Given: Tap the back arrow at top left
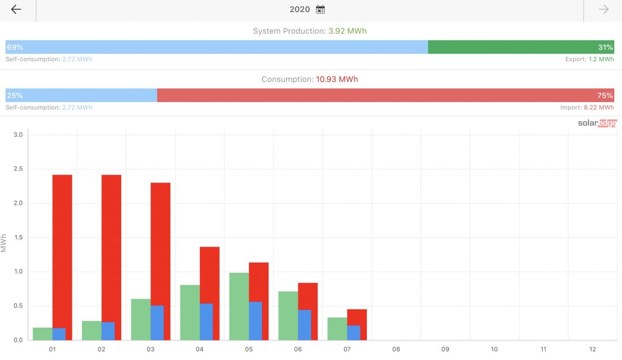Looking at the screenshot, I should (x=16, y=10).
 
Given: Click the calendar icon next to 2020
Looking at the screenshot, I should (x=320, y=10).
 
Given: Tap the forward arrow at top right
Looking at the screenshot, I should (x=603, y=10).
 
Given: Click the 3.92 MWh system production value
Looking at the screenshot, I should (x=347, y=31).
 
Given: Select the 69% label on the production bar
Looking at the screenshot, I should (x=15, y=47).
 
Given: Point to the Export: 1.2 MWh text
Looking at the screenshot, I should (x=589, y=60).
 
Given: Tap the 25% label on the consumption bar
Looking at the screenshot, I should (x=15, y=96).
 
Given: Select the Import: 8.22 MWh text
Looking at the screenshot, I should (x=587, y=107).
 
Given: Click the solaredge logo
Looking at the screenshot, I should (x=597, y=123).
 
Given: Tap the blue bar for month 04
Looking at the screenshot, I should (x=206, y=322).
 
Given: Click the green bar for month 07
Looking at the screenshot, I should (x=337, y=329).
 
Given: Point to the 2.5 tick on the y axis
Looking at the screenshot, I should (x=18, y=169).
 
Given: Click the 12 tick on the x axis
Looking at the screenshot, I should (x=592, y=349).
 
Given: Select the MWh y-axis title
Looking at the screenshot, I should (x=4, y=242).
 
